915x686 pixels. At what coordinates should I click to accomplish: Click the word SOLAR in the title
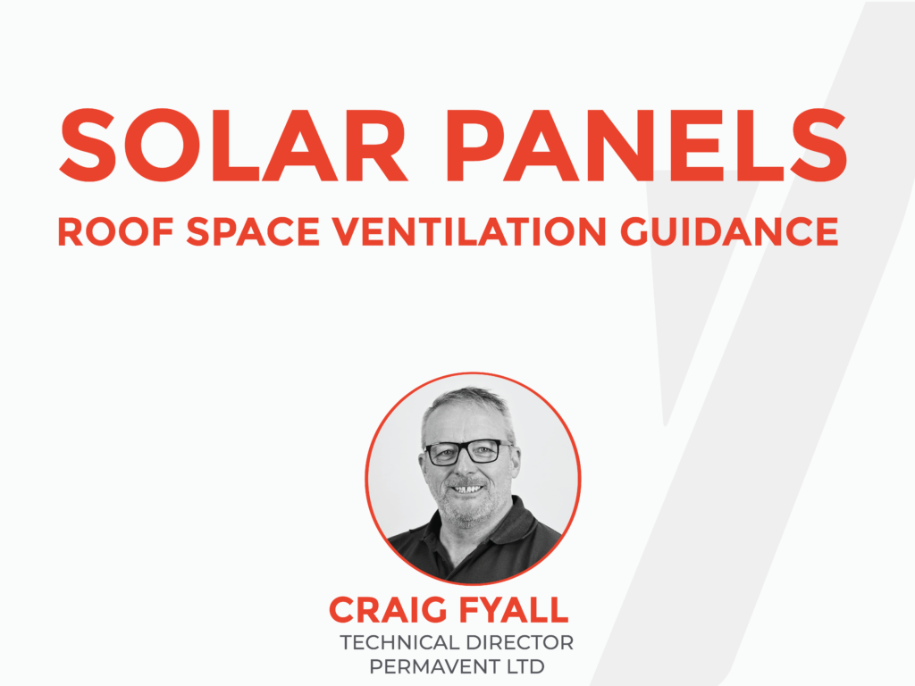tap(233, 146)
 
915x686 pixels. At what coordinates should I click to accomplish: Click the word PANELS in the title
tap(647, 146)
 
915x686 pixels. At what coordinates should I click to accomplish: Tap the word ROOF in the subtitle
tap(115, 231)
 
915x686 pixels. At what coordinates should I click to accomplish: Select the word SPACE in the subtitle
tap(253, 231)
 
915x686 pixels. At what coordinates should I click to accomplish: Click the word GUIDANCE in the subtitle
tap(729, 231)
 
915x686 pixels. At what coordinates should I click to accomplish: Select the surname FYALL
tap(514, 610)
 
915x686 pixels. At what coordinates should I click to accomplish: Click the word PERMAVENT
tap(435, 666)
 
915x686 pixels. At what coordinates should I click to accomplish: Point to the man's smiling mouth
tap(466, 489)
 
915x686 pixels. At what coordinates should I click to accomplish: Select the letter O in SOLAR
tap(162, 146)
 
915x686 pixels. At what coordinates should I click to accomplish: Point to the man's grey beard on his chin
tap(466, 510)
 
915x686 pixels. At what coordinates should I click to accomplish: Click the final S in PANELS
tap(818, 146)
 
